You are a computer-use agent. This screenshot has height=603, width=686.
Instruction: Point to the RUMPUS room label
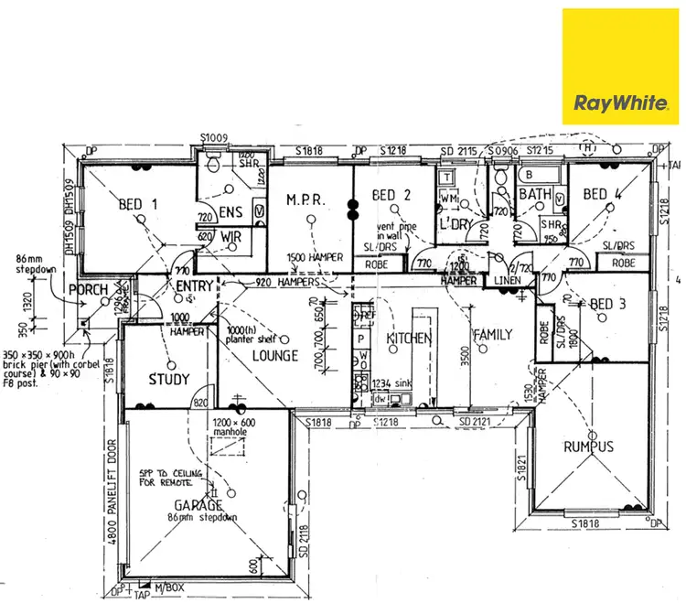tap(588, 447)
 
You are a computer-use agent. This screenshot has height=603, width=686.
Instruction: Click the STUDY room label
tap(168, 379)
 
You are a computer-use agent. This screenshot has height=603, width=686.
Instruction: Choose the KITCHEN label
tap(408, 339)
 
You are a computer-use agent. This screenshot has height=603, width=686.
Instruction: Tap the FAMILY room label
tap(492, 335)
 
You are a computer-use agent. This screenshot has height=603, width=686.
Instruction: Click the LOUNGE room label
tap(274, 355)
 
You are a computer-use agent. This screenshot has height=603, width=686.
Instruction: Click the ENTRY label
tap(194, 287)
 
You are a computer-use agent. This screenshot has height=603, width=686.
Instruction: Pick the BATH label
tap(534, 194)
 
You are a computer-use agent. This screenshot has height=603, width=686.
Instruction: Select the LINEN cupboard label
tap(506, 278)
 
